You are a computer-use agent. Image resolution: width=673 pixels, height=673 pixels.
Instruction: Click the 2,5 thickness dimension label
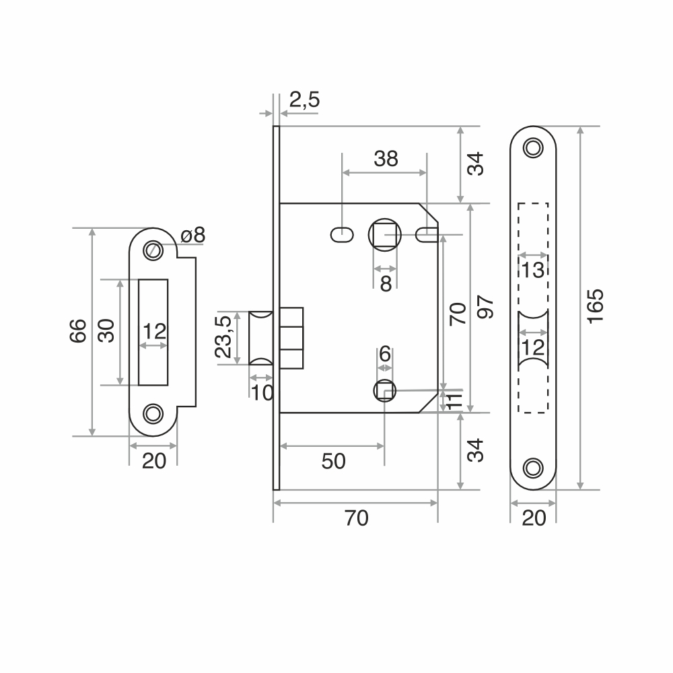pos(304,100)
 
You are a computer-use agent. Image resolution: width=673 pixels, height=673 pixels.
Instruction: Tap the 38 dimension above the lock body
pos(386,159)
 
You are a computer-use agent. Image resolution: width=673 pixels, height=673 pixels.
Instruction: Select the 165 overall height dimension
pos(596,306)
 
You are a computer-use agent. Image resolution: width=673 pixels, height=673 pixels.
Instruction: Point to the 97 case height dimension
pos(485,306)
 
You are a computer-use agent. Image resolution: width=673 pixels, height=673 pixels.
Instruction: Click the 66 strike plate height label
pos(78,331)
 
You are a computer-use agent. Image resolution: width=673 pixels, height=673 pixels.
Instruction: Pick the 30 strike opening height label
pos(106,330)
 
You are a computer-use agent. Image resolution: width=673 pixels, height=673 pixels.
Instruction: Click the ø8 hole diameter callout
pos(193,235)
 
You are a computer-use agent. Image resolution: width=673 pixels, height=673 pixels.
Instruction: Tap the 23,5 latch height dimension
pos(223,337)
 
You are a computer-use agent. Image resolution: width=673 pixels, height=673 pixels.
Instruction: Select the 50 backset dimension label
pos(334,462)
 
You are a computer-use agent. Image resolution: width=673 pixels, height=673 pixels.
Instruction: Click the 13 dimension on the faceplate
pos(533,271)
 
